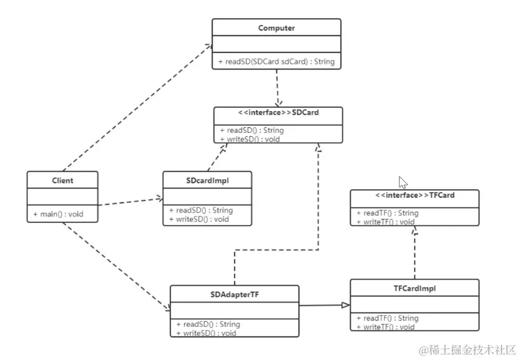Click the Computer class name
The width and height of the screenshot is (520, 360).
276,28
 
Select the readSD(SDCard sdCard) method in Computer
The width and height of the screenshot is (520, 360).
277,62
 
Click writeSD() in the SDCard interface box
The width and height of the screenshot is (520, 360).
250,139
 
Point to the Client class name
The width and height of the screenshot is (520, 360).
62,180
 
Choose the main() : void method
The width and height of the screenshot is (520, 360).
58,215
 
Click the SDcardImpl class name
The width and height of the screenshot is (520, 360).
207,180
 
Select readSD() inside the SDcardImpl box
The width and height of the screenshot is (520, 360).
200,211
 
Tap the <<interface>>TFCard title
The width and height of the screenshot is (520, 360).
415,195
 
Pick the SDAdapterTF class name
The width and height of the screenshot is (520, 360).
234,294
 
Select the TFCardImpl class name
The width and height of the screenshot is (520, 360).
415,288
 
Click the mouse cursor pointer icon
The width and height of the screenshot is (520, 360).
403,183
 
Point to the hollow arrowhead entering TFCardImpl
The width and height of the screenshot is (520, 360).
345,305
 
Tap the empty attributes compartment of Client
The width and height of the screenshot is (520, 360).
62,198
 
